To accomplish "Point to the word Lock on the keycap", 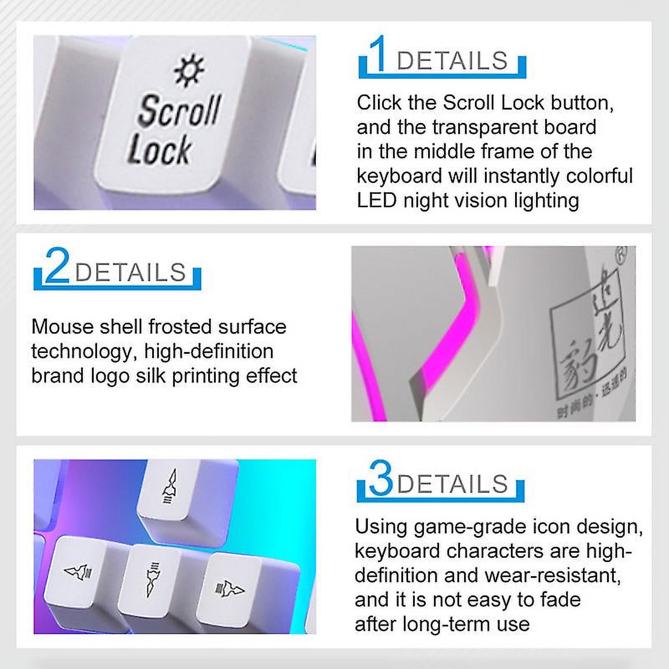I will tap(159, 149).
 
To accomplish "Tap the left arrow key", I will tap(77, 570).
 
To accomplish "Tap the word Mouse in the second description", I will tap(62, 327).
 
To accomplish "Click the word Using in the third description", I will tap(381, 526).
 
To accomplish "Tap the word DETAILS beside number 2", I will tap(130, 272).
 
